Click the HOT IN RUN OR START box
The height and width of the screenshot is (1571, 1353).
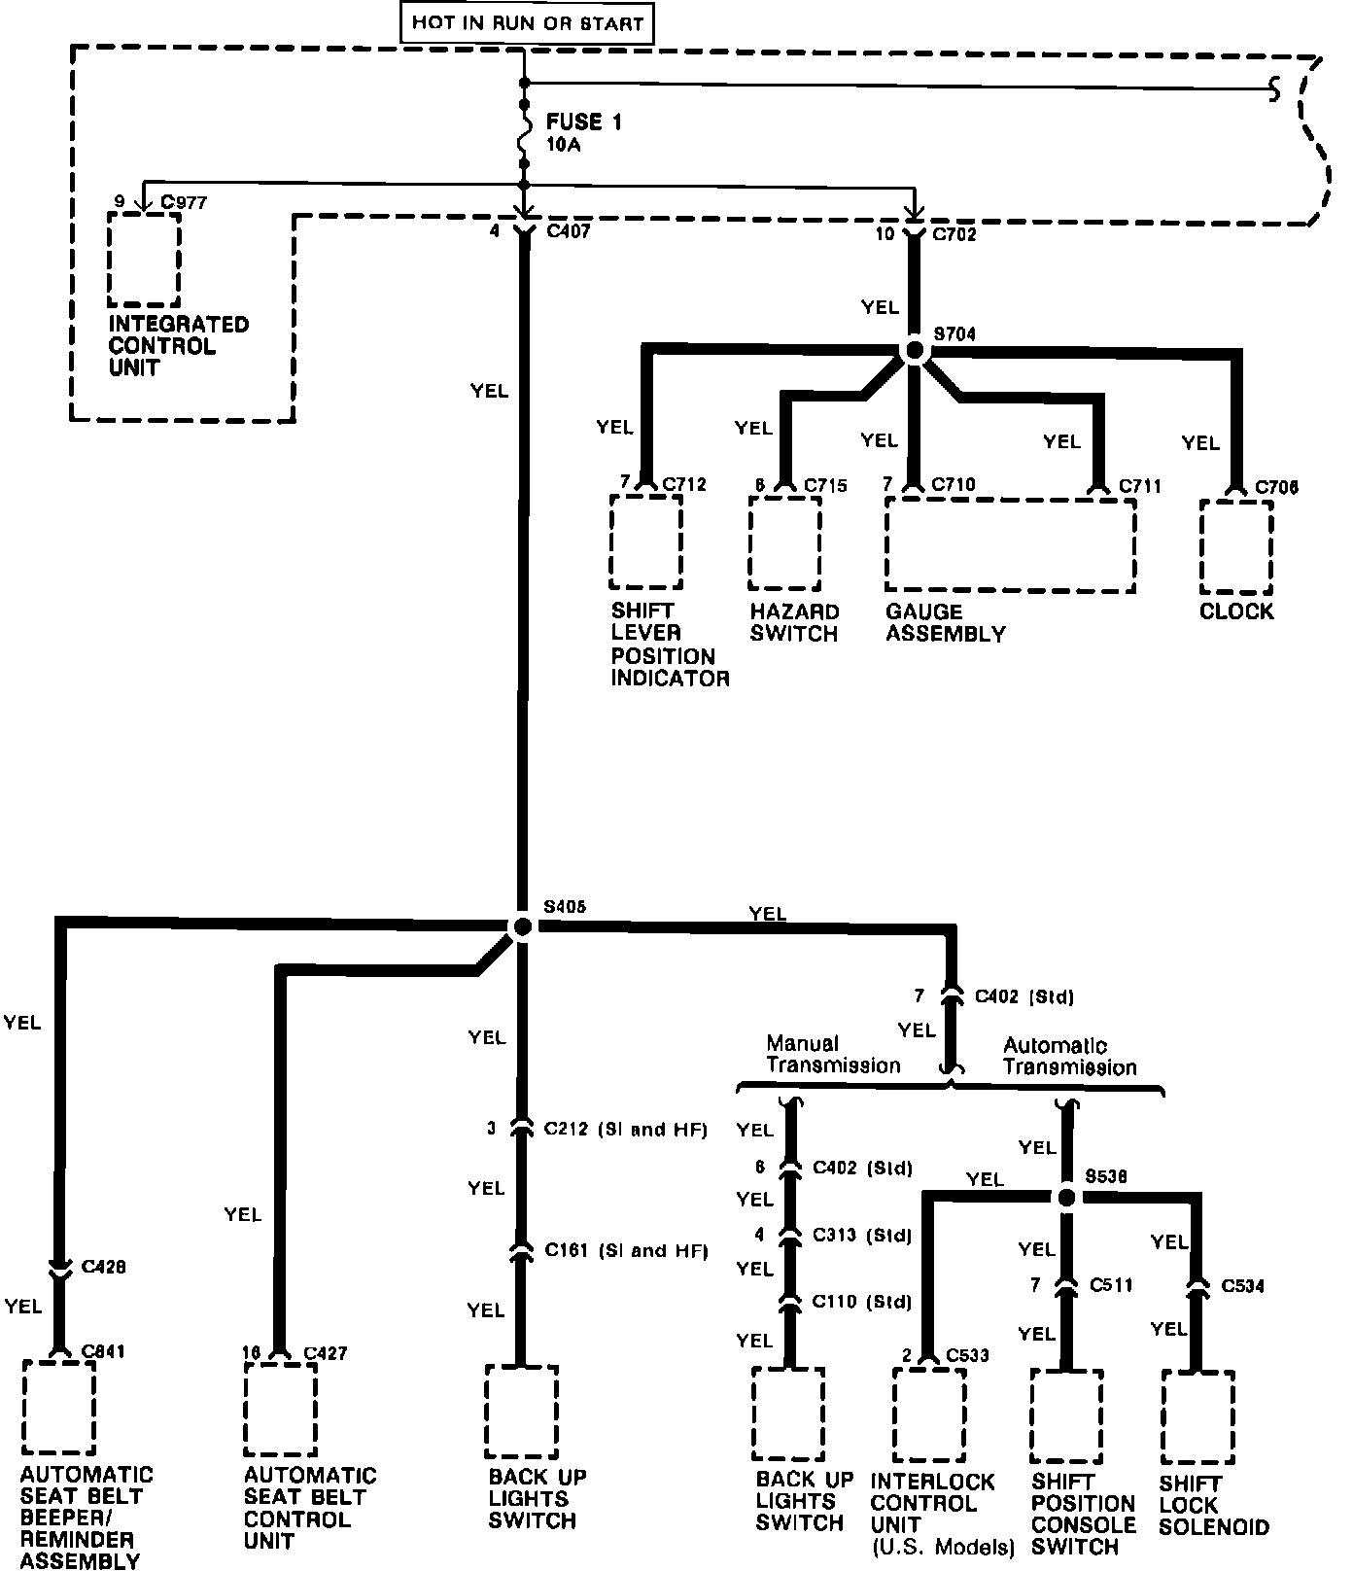[x=527, y=22]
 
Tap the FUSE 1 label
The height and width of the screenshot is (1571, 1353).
[x=583, y=122]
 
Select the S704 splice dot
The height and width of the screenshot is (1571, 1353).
[x=914, y=351]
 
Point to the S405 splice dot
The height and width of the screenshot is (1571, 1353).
[x=522, y=926]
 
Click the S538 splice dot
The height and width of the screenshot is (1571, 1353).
[x=1066, y=1197]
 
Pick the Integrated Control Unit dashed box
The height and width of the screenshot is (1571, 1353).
[x=144, y=259]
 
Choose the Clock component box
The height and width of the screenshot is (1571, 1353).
[x=1236, y=546]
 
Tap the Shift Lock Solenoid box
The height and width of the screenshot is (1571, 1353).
[x=1197, y=1416]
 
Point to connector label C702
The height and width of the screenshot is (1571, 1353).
[x=954, y=234]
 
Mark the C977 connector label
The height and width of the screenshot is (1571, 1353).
[x=184, y=202]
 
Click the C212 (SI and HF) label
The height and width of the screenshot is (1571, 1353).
[x=625, y=1130]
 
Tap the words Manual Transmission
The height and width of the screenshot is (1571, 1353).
[x=833, y=1056]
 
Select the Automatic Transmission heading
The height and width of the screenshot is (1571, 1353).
[x=1069, y=1057]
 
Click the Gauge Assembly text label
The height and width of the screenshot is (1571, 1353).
[x=945, y=623]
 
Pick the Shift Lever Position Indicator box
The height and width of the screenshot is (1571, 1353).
[x=645, y=541]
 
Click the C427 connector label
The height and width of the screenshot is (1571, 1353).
[x=325, y=1352]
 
